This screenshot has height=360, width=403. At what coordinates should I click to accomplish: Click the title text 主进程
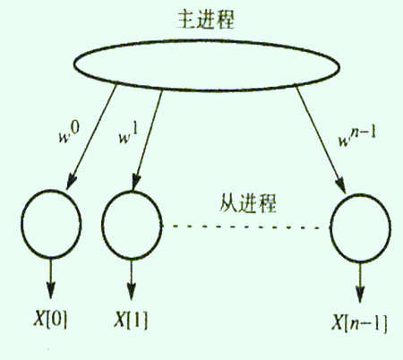[206, 21]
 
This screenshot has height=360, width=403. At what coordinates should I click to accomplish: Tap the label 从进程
[248, 203]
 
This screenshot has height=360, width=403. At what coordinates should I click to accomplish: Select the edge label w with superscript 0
[69, 133]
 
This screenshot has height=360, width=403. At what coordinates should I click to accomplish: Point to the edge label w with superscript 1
[129, 134]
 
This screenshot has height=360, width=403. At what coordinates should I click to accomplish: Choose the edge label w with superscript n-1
[357, 136]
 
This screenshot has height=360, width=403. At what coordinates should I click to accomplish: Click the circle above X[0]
[21, 223]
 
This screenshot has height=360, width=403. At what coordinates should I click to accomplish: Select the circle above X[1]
[102, 225]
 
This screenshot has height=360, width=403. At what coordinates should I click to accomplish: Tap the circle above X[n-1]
[331, 228]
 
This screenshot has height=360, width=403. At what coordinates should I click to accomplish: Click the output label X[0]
[50, 319]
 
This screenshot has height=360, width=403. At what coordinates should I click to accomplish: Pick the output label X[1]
[131, 320]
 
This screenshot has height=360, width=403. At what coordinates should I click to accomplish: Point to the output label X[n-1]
[359, 323]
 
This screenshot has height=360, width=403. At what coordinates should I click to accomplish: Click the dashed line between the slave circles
[246, 227]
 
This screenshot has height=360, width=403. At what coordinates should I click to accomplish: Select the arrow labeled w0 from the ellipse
[91, 137]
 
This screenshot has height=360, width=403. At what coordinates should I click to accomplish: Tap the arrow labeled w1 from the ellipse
[148, 141]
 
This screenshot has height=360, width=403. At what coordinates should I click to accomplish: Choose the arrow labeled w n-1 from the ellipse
[321, 141]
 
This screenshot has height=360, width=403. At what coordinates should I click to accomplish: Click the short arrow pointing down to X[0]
[50, 279]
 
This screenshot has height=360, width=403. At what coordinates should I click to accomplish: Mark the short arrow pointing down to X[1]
[131, 279]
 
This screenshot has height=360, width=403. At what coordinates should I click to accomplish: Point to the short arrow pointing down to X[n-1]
[360, 283]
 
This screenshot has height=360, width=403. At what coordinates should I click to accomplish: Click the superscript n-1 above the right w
[364, 133]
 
